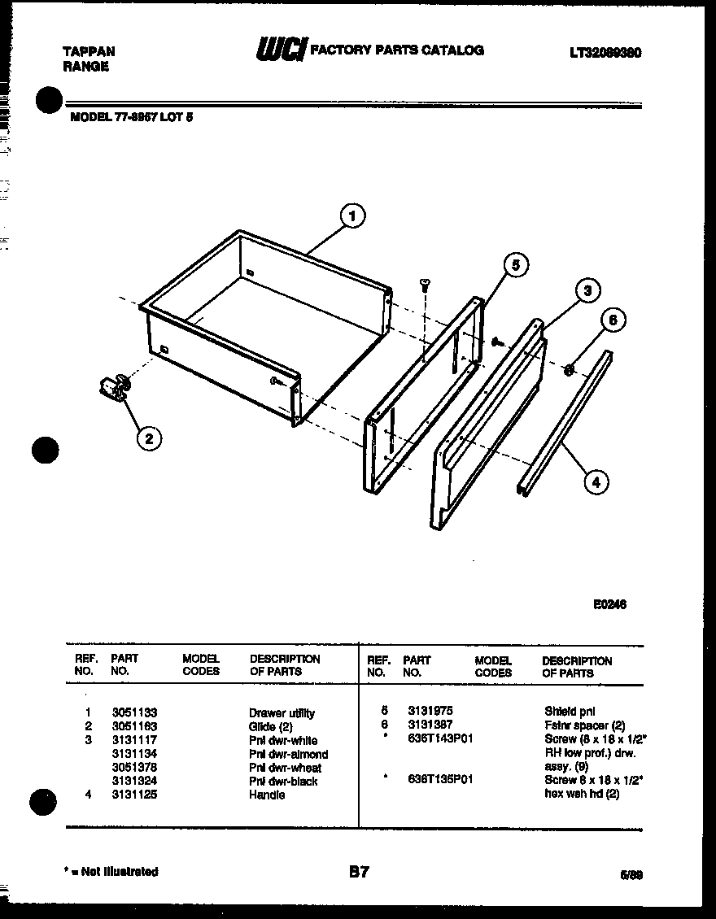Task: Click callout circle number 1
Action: pyautogui.click(x=351, y=216)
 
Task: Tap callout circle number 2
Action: pyautogui.click(x=147, y=438)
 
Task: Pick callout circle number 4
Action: pyautogui.click(x=596, y=481)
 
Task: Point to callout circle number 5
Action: pyautogui.click(x=514, y=264)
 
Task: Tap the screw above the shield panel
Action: pyautogui.click(x=424, y=283)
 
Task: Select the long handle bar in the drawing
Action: pyautogui.click(x=565, y=423)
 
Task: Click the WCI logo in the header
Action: pyautogui.click(x=281, y=51)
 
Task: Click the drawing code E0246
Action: pyautogui.click(x=609, y=604)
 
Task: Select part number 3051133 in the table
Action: pyautogui.click(x=134, y=712)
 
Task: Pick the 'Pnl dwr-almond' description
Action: pyautogui.click(x=288, y=754)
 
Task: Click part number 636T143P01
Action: pyautogui.click(x=440, y=738)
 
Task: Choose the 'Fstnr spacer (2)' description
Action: pyautogui.click(x=584, y=725)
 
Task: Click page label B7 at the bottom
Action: pyautogui.click(x=359, y=872)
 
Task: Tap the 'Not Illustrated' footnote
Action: pyautogui.click(x=111, y=871)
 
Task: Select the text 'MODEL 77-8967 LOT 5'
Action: pyautogui.click(x=132, y=116)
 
